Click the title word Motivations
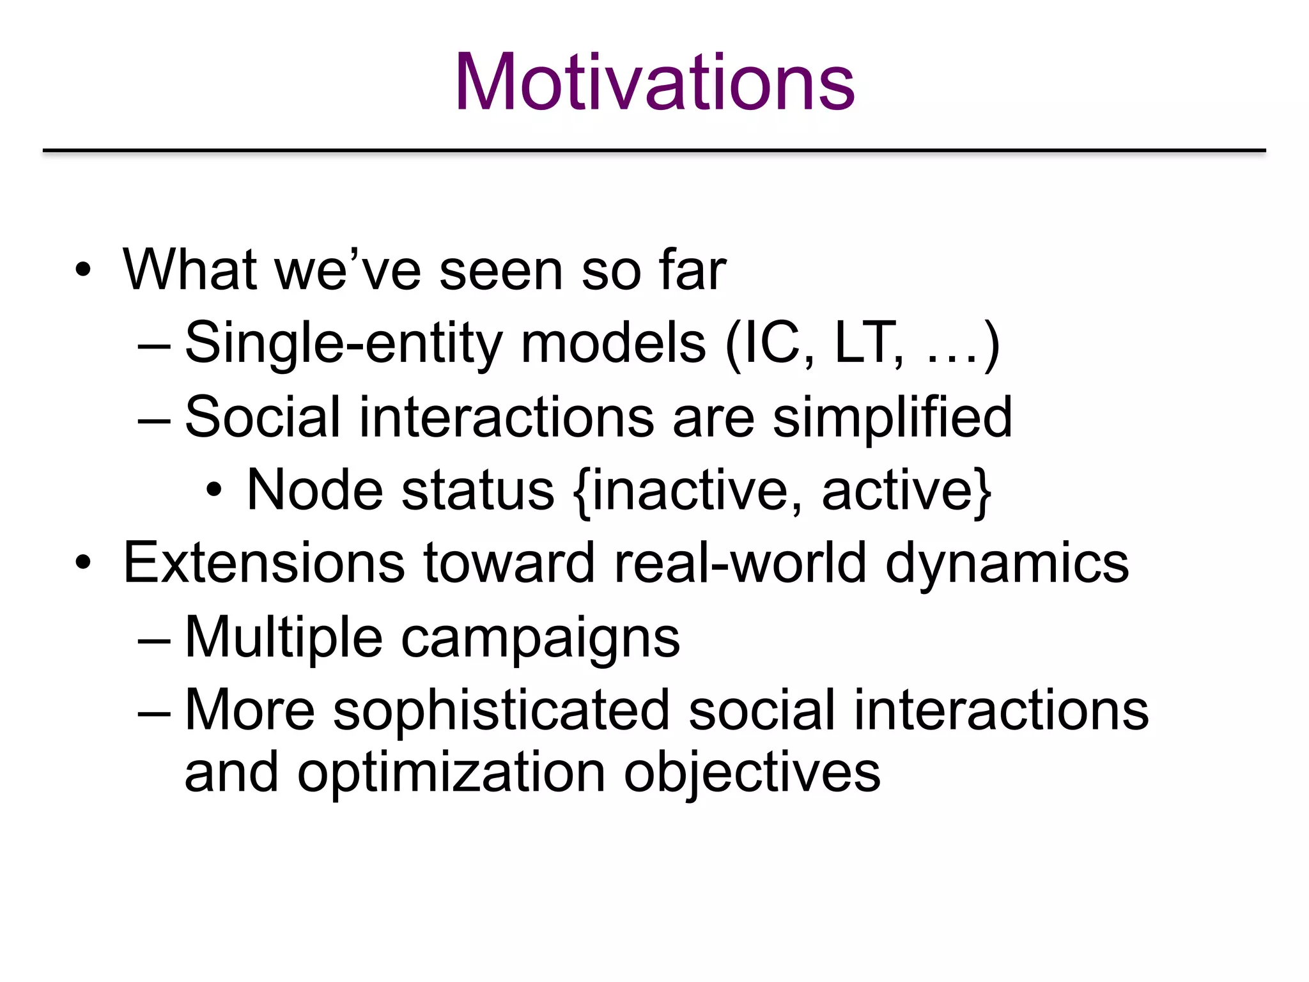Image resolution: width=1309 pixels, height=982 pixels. pos(654,83)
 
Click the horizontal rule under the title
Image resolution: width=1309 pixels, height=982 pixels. pos(654,150)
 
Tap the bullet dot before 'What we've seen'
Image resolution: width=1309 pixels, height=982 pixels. pos(83,270)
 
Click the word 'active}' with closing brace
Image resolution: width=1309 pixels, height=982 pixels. pos(906,490)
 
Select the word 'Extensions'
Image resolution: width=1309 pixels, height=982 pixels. pos(264,563)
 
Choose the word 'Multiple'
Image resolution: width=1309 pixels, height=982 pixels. pos(284,637)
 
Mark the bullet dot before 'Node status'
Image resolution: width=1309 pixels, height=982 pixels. pos(214,492)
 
